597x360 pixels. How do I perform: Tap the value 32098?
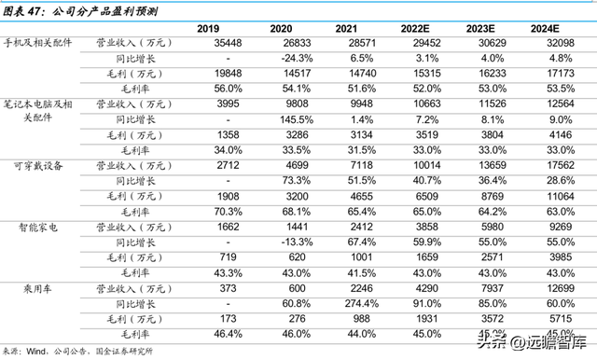click(571, 44)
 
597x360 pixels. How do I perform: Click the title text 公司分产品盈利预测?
click(107, 9)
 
